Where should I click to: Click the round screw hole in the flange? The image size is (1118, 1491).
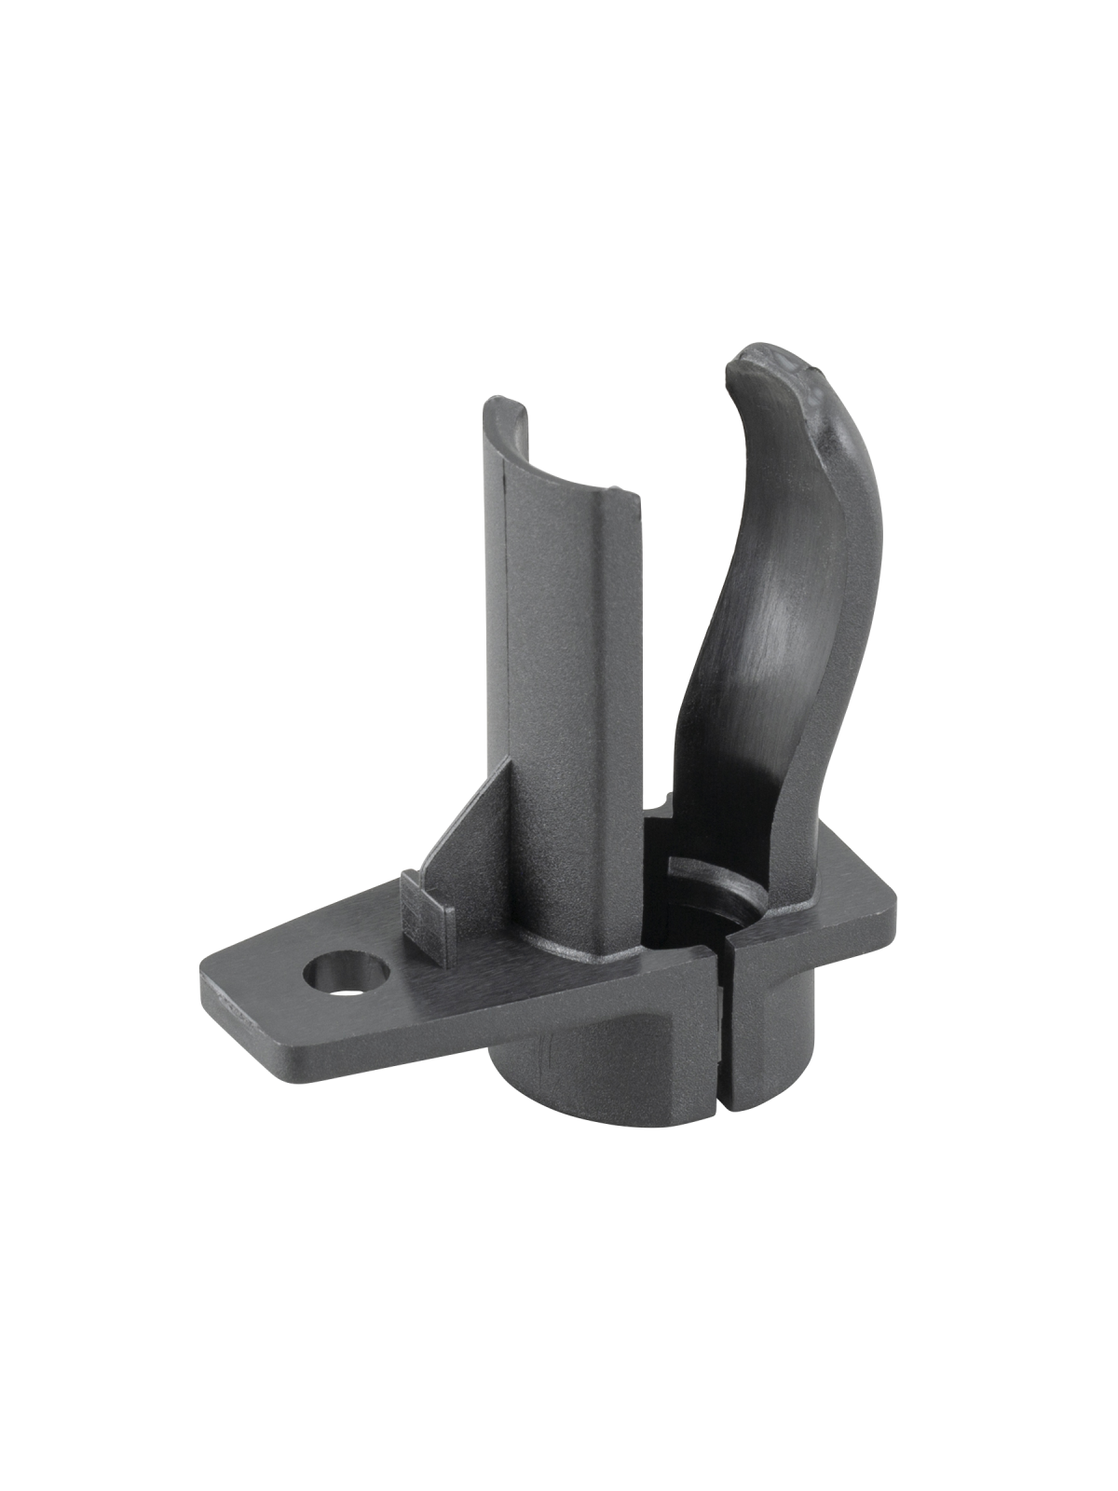tap(345, 973)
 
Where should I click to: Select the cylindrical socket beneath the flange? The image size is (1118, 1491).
tap(596, 1053)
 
